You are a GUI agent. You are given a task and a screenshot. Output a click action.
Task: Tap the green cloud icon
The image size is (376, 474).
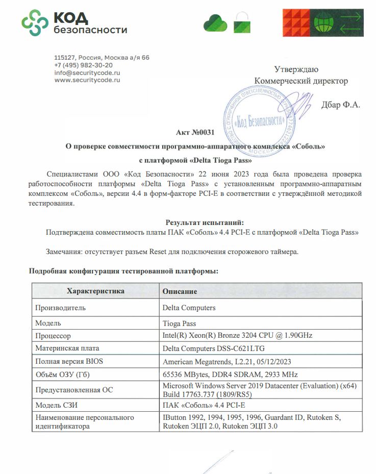click(215, 22)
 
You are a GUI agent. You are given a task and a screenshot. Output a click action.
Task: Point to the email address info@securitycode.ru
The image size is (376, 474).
click(87, 72)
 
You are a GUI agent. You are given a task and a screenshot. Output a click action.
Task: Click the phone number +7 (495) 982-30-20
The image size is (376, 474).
click(84, 65)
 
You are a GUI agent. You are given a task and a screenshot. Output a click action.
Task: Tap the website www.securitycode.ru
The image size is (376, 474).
click(87, 80)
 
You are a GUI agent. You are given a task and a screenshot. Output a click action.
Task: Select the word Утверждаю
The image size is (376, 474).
click(296, 69)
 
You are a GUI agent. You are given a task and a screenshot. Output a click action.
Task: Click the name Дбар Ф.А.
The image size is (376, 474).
click(341, 105)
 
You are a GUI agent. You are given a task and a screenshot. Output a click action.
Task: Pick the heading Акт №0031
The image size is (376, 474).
click(195, 133)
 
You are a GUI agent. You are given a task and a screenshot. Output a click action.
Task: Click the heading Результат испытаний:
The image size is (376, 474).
click(205, 222)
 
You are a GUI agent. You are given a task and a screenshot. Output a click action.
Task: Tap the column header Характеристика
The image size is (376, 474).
click(95, 291)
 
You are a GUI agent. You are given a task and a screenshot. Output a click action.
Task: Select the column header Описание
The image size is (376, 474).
click(180, 291)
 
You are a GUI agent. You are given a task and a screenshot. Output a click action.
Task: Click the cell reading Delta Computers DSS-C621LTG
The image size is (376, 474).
click(213, 348)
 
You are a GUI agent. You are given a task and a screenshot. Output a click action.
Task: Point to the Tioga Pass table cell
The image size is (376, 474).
click(179, 323)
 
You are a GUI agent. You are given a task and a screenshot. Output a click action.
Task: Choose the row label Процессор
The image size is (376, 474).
click(53, 336)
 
